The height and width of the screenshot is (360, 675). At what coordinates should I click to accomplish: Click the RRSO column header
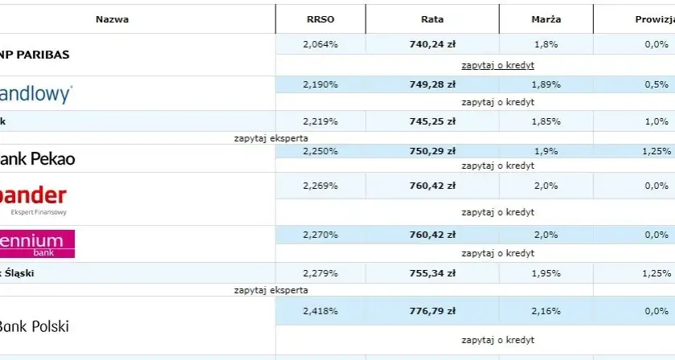point(321,19)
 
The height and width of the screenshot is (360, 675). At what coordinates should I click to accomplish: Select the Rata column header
point(432,19)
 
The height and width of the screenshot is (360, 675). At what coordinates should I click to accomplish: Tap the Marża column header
point(546,19)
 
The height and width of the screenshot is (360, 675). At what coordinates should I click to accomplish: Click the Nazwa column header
point(112,19)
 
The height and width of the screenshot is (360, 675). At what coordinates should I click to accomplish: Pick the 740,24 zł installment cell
point(432,44)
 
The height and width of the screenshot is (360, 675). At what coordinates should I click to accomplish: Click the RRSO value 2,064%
point(321,44)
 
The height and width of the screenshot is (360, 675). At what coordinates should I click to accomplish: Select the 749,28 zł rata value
point(432,84)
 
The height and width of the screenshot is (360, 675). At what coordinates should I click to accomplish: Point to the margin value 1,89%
point(546,84)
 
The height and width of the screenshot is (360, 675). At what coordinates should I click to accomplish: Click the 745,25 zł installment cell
point(432,121)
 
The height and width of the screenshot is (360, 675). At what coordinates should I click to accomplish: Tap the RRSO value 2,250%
point(321,151)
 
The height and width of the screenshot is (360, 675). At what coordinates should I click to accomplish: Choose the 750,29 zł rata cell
point(432,151)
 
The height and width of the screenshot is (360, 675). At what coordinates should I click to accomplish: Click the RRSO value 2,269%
point(321,186)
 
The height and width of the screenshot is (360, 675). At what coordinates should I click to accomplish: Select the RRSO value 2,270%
point(321,235)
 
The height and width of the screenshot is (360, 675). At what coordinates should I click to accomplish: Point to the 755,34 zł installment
point(432,273)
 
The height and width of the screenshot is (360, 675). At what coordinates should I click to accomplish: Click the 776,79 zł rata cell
point(432,311)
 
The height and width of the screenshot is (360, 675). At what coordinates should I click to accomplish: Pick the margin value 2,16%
point(546,311)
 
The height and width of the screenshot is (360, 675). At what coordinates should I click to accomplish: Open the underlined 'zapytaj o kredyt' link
point(497,65)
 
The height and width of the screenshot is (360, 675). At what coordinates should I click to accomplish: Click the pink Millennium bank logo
point(37,243)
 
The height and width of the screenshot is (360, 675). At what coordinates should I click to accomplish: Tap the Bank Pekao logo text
point(38,159)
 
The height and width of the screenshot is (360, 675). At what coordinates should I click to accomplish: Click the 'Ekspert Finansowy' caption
point(39,212)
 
